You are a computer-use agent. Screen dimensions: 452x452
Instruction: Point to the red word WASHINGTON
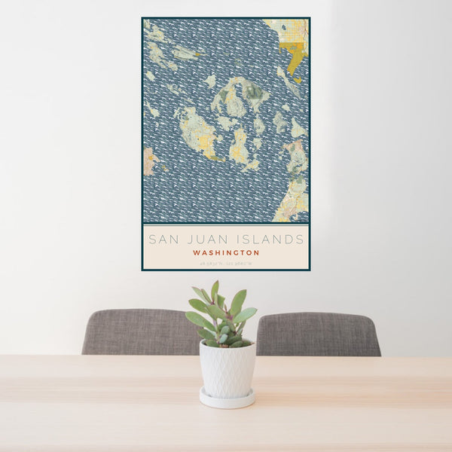point(226,253)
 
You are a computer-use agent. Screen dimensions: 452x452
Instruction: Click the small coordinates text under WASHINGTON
point(226,264)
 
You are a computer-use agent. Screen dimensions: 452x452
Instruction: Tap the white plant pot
point(228,368)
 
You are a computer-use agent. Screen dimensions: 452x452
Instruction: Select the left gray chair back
point(139,331)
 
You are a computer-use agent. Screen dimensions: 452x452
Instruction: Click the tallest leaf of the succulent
point(215,289)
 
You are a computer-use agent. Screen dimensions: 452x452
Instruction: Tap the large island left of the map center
point(197,134)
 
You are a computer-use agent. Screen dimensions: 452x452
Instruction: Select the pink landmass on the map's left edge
point(148,160)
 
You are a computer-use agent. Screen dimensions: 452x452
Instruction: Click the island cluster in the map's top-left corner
point(158,45)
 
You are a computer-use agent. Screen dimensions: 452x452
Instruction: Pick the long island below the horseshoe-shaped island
point(240,146)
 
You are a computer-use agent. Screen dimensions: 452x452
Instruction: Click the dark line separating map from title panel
point(226,224)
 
